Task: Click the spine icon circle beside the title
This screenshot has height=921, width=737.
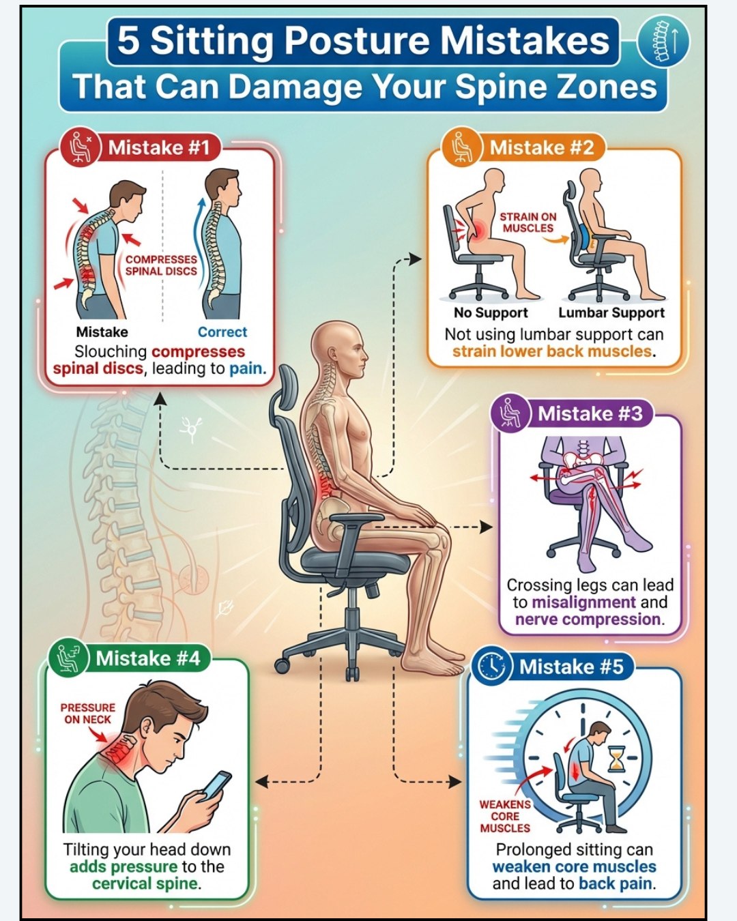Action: pyautogui.click(x=663, y=42)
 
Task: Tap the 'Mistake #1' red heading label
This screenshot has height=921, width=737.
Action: pyautogui.click(x=159, y=148)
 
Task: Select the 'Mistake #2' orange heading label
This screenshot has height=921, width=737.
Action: pyautogui.click(x=541, y=148)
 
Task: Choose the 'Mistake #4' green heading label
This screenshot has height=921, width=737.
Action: pyautogui.click(x=148, y=658)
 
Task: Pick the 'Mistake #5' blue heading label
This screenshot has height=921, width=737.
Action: pyautogui.click(x=571, y=667)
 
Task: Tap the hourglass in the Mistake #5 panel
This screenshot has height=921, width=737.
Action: pyautogui.click(x=617, y=759)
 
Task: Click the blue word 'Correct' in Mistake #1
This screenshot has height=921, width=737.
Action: pyautogui.click(x=222, y=332)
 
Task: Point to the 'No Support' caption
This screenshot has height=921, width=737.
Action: pyautogui.click(x=491, y=313)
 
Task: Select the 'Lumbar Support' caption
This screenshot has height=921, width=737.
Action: pyautogui.click(x=611, y=313)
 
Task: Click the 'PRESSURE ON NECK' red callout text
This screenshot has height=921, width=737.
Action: pyautogui.click(x=88, y=714)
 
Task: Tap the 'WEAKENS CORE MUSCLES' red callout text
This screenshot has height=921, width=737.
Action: pyautogui.click(x=505, y=817)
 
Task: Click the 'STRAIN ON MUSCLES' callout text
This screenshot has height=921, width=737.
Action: pyautogui.click(x=528, y=222)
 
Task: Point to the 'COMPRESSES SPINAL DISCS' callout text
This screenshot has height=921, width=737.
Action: pyautogui.click(x=161, y=265)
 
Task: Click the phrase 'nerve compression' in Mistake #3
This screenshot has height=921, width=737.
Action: pyautogui.click(x=588, y=619)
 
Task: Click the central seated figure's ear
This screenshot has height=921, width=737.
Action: pyautogui.click(x=333, y=354)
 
